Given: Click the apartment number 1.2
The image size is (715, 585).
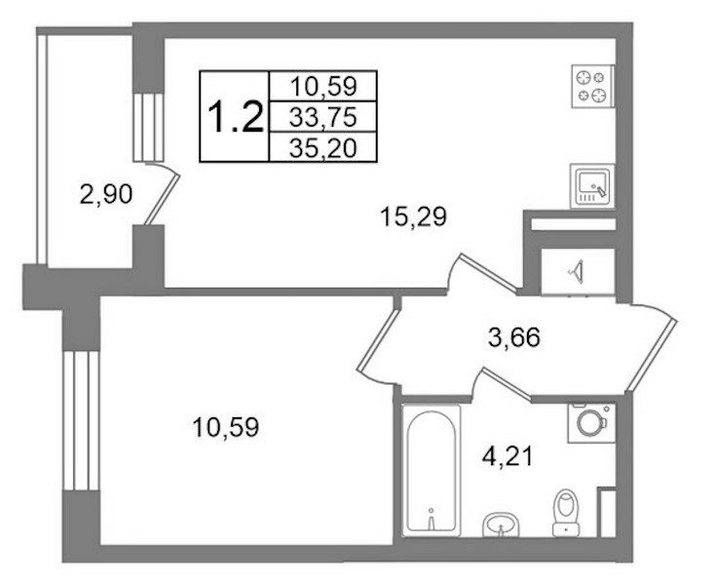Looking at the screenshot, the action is [x=236, y=117].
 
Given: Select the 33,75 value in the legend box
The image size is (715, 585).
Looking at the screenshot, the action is [x=322, y=118].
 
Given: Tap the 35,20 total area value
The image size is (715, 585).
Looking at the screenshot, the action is [x=322, y=148].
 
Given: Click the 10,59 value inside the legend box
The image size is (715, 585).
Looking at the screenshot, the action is [x=323, y=86].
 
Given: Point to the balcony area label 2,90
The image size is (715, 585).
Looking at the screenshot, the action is [x=106, y=195].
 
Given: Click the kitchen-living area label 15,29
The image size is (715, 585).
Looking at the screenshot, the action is [x=413, y=217].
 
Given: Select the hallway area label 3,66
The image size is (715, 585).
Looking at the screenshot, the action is [x=514, y=338].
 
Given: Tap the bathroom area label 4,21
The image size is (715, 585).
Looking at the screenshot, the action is [x=508, y=456].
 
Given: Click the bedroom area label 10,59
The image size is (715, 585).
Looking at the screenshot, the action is [x=226, y=428].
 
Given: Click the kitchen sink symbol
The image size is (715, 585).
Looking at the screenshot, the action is [x=592, y=186].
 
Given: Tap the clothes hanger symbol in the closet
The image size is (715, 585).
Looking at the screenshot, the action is [x=577, y=271].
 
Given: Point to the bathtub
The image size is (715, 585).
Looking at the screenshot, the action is [x=431, y=471].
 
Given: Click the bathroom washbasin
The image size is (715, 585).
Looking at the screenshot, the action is [x=501, y=525].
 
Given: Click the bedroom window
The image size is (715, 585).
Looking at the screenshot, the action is [x=81, y=420].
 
